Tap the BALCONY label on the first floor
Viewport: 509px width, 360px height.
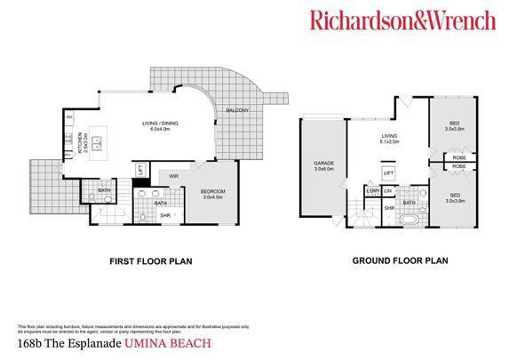pyautogui.click(x=236, y=110)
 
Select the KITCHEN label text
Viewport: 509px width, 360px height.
pyautogui.click(x=77, y=140)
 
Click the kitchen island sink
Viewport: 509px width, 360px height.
pyautogui.click(x=99, y=140)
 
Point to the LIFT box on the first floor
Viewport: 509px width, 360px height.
pyautogui.click(x=139, y=168)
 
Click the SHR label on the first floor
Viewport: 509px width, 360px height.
pyautogui.click(x=164, y=214)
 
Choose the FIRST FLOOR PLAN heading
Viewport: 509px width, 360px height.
pyautogui.click(x=150, y=262)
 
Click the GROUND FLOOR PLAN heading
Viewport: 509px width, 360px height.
pyautogui.click(x=400, y=262)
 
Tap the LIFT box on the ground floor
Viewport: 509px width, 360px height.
pyautogui.click(x=388, y=172)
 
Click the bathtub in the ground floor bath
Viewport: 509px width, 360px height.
pyautogui.click(x=410, y=218)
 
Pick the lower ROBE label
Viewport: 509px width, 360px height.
pyautogui.click(x=459, y=166)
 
